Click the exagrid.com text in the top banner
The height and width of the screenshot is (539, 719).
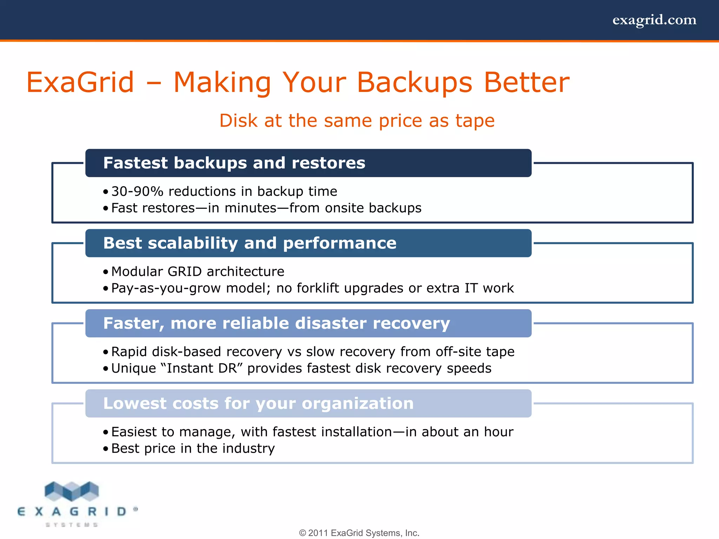pos(654,20)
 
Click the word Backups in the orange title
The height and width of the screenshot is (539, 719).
pos(415,82)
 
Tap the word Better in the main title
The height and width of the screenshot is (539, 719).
pos(527,82)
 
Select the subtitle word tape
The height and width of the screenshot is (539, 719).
pos(475,121)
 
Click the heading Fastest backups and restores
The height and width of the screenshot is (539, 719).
pos(234,163)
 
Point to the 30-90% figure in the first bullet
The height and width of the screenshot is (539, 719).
pos(137,192)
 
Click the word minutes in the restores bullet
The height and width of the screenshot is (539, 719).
pos(250,208)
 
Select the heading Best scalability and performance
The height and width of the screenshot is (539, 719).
pos(250,243)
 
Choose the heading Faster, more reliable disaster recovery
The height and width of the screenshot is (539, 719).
pos(276,323)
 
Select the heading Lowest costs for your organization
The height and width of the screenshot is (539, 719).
pos(258,404)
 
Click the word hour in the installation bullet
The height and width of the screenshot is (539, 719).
pos(499,432)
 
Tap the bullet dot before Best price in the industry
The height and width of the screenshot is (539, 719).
pos(106,449)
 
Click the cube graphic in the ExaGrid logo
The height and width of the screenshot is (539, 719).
pos(72,491)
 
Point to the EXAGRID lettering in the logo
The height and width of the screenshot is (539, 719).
pos(72,512)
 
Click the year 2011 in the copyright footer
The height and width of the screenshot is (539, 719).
pos(318,533)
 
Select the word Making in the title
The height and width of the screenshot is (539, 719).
pos(222,82)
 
